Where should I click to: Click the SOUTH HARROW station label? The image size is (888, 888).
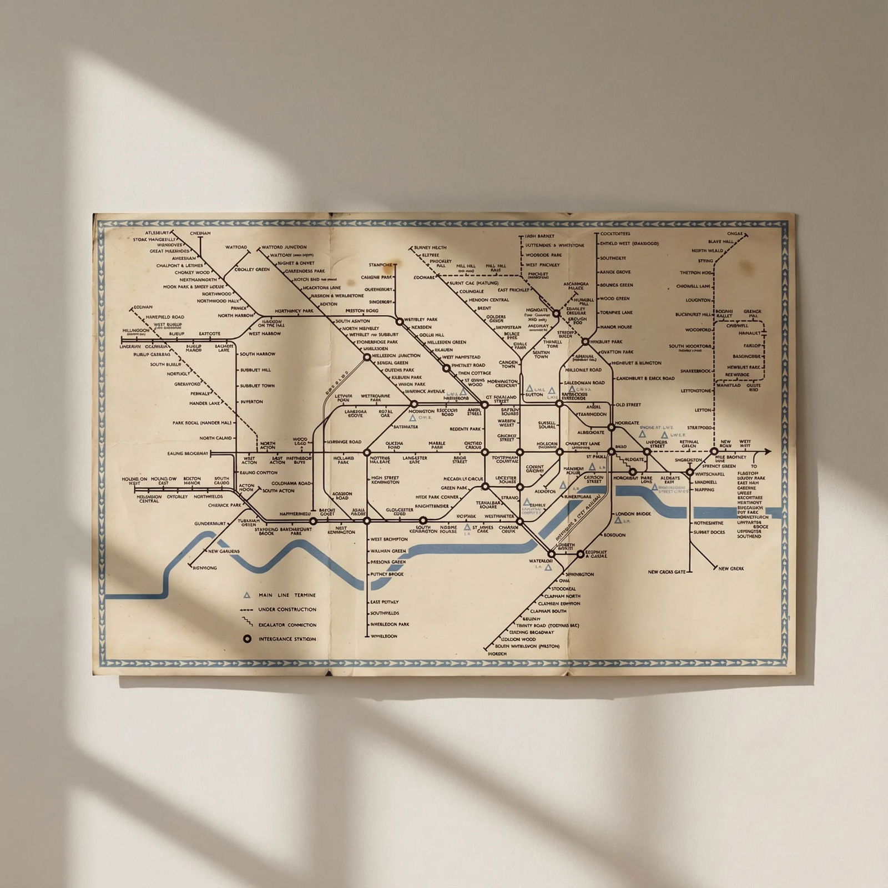(x=258, y=354)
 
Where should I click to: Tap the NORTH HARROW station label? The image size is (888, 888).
(x=236, y=315)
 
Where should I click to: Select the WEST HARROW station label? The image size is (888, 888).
(x=264, y=334)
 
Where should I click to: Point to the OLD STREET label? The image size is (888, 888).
(x=628, y=405)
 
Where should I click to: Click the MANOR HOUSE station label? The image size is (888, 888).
(x=616, y=327)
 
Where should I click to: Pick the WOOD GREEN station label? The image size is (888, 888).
(x=614, y=299)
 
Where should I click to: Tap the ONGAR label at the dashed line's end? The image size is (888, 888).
(x=734, y=234)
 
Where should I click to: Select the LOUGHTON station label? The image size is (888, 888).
(x=698, y=300)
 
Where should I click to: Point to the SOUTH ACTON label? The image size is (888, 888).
(x=279, y=491)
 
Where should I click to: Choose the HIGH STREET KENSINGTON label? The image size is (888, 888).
(x=385, y=480)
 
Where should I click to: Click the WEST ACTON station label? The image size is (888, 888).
(x=249, y=460)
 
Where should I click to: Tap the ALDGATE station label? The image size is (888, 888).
(x=634, y=460)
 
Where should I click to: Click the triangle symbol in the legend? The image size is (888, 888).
(x=247, y=595)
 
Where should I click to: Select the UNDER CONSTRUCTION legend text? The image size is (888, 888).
(x=287, y=609)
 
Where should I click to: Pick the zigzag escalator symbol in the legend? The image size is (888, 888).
(x=247, y=624)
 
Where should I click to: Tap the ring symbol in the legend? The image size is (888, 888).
(x=247, y=639)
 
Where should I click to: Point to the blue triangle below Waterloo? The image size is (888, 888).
(x=548, y=567)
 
